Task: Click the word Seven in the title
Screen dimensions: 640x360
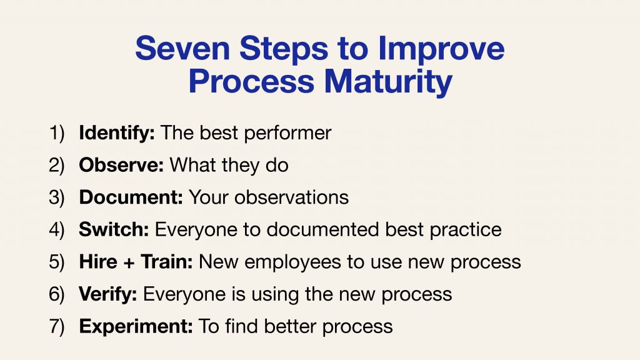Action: coord(182,49)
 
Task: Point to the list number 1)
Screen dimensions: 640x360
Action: coord(57,134)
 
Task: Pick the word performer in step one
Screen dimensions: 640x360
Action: coord(287,134)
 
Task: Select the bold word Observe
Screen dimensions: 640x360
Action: coord(121,165)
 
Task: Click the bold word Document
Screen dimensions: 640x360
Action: coord(131,197)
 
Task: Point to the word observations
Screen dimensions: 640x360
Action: coord(291,197)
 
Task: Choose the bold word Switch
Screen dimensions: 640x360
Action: coord(114,229)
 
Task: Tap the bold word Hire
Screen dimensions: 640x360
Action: coord(98,262)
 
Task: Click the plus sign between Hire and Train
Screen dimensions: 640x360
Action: coord(129,263)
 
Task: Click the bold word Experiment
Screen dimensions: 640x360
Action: coord(136,327)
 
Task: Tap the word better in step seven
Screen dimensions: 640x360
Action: coord(290,326)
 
